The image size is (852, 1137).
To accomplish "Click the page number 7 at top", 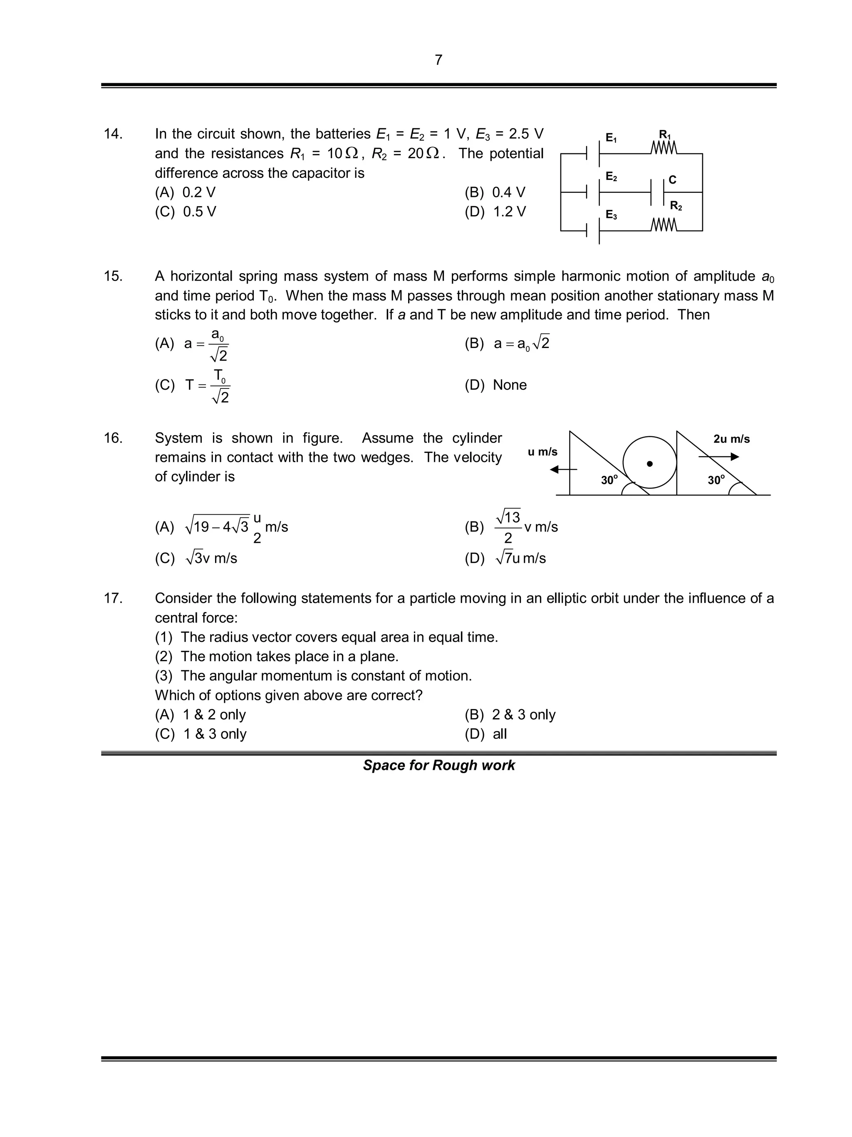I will [438, 60].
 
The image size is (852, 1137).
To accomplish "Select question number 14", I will [113, 134].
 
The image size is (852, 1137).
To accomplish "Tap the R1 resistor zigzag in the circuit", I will [664, 149].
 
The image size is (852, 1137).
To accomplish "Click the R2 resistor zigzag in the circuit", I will [664, 225].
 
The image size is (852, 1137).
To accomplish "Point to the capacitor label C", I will [672, 180].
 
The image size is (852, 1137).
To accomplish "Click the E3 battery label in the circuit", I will [611, 215].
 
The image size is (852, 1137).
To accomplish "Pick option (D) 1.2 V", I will [495, 212].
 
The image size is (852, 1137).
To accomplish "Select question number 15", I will [113, 276].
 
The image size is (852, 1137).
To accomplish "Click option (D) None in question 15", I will [495, 385].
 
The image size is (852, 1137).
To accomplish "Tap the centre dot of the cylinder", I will [650, 464].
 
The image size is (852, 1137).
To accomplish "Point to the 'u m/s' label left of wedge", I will [542, 452].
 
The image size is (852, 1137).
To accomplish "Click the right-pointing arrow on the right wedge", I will [719, 456].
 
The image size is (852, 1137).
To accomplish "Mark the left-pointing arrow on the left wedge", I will [563, 469].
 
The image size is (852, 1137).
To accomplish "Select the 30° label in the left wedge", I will [609, 480].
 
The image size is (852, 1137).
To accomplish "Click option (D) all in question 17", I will [485, 734].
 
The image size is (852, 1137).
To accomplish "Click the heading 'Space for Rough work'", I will [438, 765].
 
